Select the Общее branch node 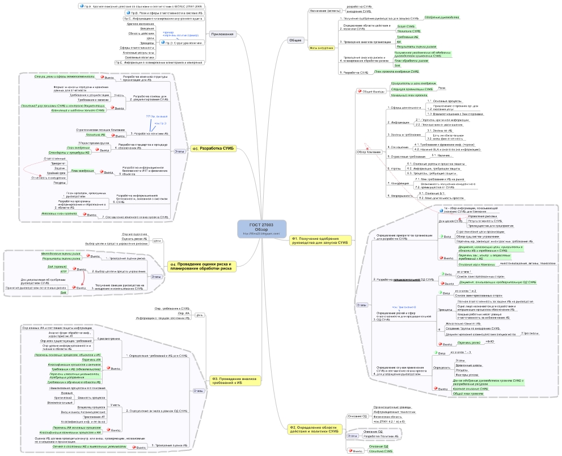point(295,40)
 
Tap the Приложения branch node point(222,34)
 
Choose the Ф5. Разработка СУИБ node point(217,149)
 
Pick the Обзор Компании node point(369,152)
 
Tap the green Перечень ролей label point(468,343)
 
